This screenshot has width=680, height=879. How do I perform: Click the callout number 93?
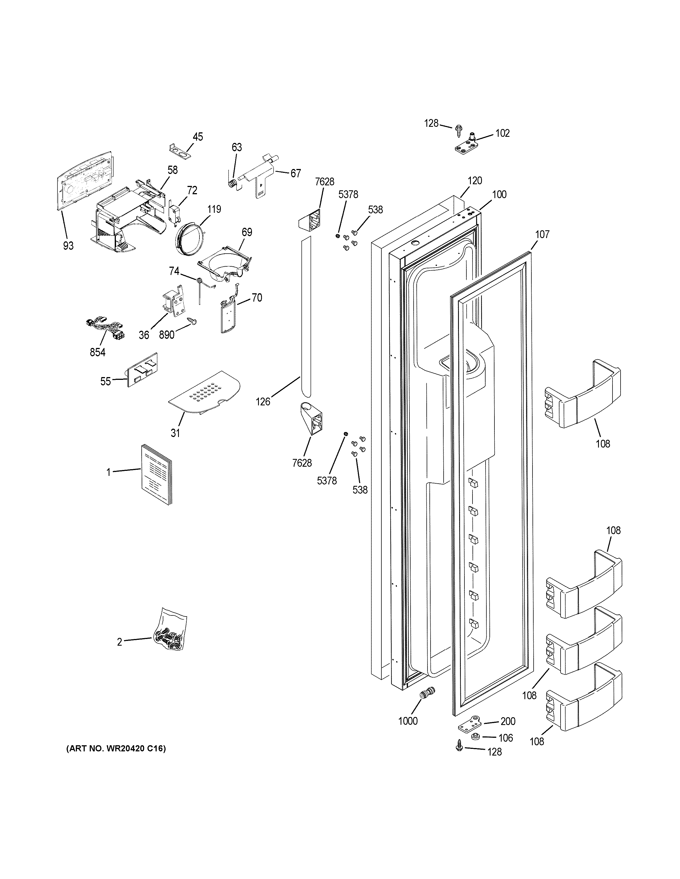point(68,246)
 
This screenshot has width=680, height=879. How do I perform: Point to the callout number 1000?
point(408,721)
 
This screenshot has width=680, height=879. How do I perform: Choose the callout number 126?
point(263,401)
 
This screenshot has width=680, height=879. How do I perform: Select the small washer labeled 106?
point(475,737)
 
